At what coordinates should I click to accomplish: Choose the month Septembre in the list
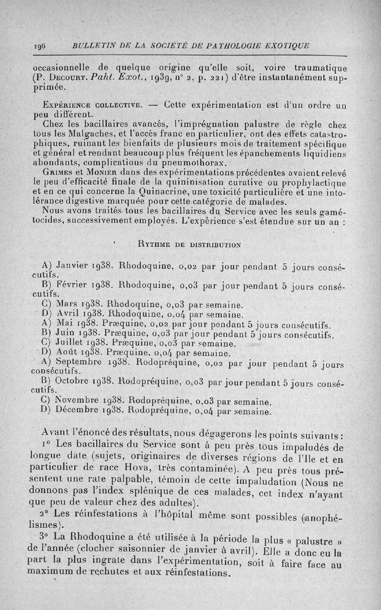[78, 362]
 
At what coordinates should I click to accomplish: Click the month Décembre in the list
[78, 410]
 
